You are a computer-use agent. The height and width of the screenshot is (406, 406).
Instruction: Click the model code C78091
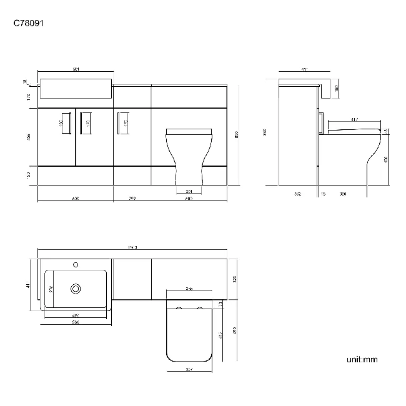tap(28, 24)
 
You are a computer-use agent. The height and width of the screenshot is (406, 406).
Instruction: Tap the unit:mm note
tap(362, 360)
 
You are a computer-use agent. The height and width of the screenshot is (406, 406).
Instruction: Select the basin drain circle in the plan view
tap(76, 289)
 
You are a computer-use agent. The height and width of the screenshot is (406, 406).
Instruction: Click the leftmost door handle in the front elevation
tap(65, 122)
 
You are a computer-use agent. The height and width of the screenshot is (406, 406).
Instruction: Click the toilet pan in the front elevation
tap(189, 156)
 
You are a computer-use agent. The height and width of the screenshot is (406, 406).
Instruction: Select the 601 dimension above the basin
tap(75, 69)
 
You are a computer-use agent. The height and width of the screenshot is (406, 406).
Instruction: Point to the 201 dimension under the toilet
tap(189, 191)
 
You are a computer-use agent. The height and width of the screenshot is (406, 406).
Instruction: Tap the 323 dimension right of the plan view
tap(234, 279)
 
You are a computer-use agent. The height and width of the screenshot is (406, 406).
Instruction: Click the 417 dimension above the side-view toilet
tap(354, 119)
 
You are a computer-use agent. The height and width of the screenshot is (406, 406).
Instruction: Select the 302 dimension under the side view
tap(298, 194)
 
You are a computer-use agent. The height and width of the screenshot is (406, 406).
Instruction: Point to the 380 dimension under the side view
tap(342, 194)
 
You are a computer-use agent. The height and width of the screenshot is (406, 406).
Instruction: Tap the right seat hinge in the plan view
tap(200, 309)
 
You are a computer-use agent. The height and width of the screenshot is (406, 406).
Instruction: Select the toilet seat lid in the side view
tap(353, 129)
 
